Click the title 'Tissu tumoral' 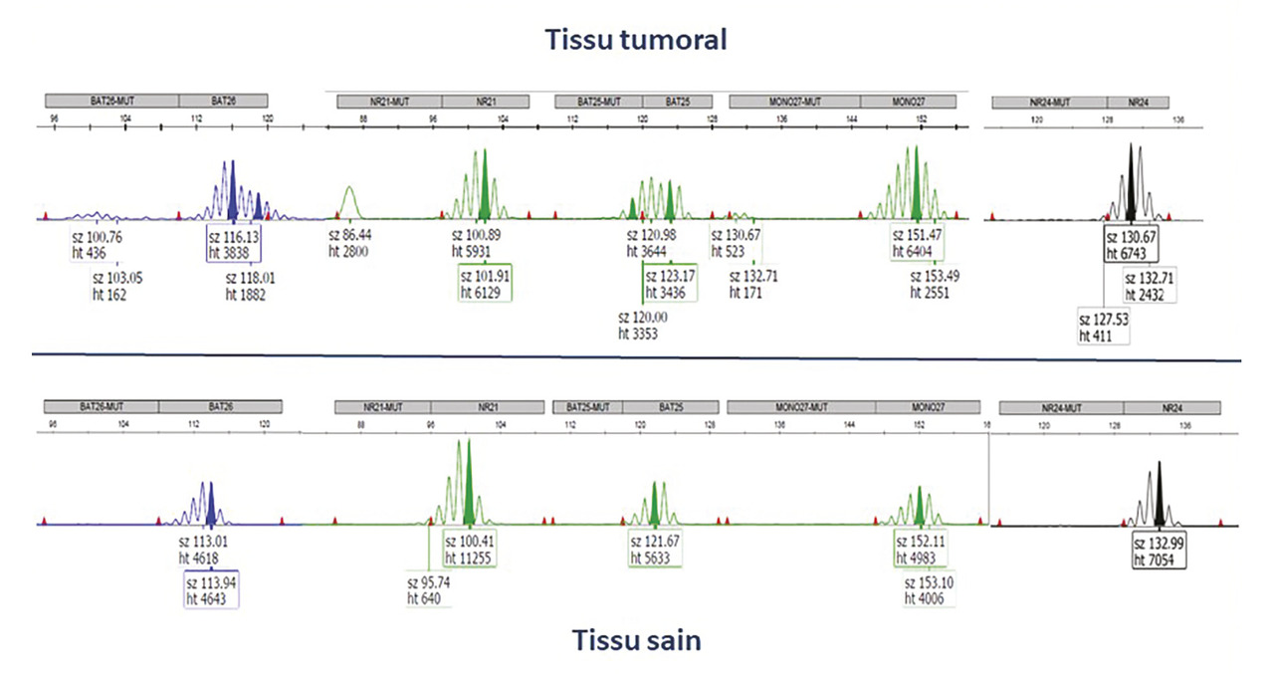coord(636,40)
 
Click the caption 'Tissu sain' coord(636,640)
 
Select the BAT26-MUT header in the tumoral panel coord(111,101)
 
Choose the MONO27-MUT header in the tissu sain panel coord(802,407)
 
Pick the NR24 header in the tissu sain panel coord(1171,407)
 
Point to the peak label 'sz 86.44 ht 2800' coord(356,244)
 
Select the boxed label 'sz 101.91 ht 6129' coord(486,283)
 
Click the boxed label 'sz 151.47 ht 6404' coord(920,244)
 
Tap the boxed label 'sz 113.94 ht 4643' coord(211,589)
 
